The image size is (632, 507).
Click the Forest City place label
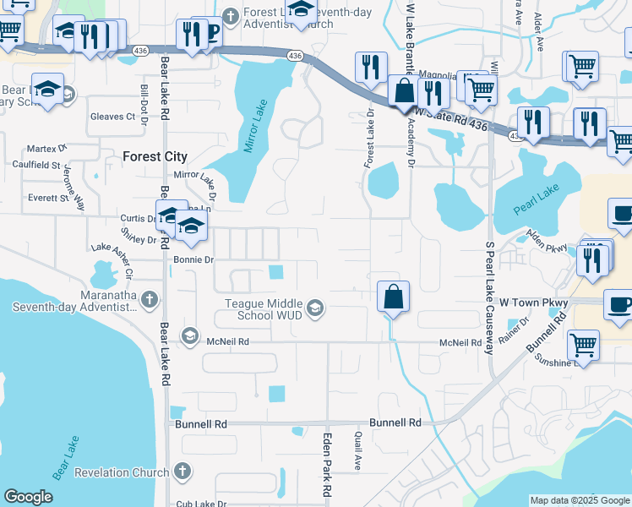pos(154,156)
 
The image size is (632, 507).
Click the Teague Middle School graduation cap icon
pos(315,307)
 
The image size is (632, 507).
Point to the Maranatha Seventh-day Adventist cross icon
pos(149,298)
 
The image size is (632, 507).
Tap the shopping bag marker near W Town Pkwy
pos(393,297)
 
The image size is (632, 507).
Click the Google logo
pos(28,497)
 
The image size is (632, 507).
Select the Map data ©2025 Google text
pos(579,501)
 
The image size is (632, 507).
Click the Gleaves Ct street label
pos(112,116)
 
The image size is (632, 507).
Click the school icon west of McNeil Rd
pos(189,336)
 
